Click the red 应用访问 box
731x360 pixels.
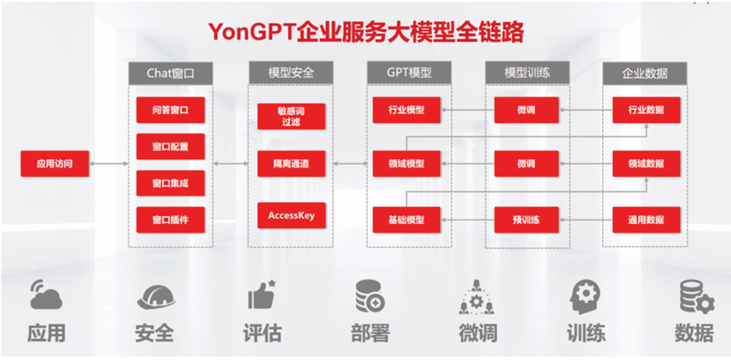(x=55, y=164)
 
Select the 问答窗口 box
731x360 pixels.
(x=170, y=110)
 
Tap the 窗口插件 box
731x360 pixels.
(x=170, y=220)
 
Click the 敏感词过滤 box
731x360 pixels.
(x=292, y=116)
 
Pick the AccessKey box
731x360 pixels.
(x=292, y=215)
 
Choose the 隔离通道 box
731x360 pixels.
(x=292, y=164)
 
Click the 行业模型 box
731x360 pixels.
(x=406, y=110)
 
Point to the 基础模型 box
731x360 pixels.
(x=406, y=220)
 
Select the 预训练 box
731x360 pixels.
(x=526, y=220)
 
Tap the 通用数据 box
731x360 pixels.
(x=646, y=220)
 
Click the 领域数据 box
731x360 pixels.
(x=646, y=164)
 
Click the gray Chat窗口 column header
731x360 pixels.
(x=170, y=74)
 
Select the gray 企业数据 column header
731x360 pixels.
(x=645, y=74)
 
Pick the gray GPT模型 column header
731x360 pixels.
(x=409, y=74)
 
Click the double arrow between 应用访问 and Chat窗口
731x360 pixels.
(x=109, y=164)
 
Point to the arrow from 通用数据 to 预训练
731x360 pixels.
(x=586, y=220)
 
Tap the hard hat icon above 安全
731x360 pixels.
(x=155, y=297)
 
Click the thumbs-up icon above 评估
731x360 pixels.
(x=262, y=294)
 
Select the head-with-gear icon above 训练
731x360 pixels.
(x=585, y=296)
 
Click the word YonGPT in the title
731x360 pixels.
(x=252, y=33)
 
